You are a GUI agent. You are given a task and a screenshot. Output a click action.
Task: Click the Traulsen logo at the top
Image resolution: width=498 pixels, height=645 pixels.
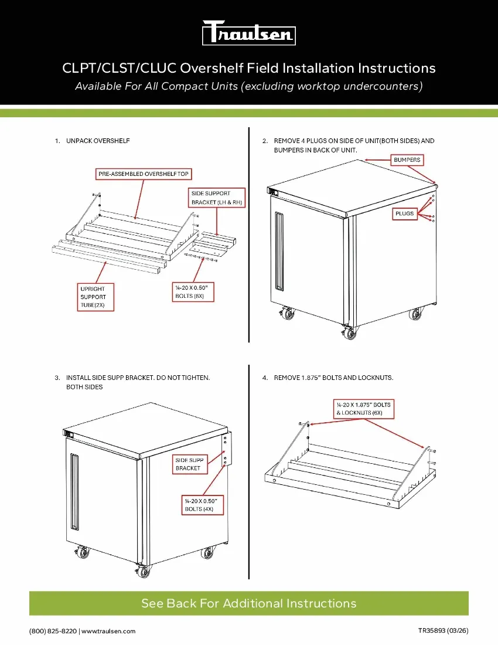[248, 33]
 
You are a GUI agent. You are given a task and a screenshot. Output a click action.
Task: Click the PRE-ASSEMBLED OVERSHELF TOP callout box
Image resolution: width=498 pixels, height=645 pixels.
[144, 174]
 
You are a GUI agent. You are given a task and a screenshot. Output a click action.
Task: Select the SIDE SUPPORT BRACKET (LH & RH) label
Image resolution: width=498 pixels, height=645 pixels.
[217, 198]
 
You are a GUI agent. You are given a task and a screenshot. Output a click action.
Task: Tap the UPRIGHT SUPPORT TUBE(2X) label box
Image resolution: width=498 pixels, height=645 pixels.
[95, 297]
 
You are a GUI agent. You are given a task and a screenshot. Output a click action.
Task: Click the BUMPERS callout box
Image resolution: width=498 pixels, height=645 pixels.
[407, 159]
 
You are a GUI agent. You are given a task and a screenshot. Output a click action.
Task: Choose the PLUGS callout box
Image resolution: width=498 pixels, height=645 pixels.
[404, 214]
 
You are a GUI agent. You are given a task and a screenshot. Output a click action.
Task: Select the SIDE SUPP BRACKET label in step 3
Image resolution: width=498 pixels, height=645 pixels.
[189, 464]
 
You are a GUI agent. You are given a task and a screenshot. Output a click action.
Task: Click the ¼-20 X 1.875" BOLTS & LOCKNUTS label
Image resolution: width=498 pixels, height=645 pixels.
[363, 409]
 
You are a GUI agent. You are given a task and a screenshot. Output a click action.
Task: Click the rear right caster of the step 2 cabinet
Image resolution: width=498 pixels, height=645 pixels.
[415, 314]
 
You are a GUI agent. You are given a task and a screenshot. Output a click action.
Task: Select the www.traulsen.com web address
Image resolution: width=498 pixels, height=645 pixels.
[108, 631]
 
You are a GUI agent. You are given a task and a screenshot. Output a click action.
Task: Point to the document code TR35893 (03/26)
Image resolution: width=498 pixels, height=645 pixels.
[442, 630]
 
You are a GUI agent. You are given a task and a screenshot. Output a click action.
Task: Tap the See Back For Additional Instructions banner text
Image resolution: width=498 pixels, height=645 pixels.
[248, 603]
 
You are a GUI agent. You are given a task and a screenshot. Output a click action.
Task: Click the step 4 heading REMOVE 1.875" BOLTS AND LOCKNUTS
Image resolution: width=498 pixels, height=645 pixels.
[333, 378]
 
